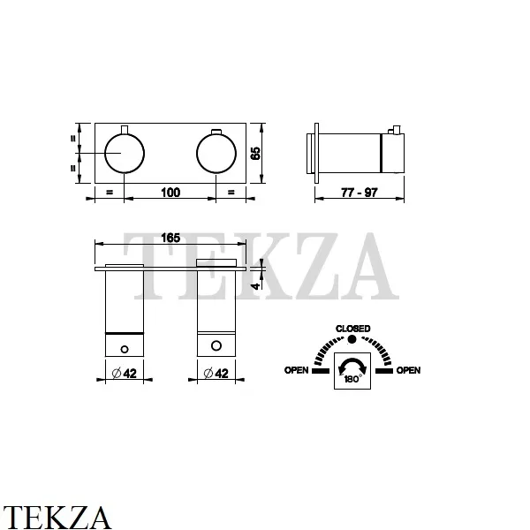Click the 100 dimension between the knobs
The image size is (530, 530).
[x=170, y=193]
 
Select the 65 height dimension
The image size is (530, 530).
[x=255, y=153]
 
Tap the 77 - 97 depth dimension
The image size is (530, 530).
[x=359, y=193]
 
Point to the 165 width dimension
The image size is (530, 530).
[x=170, y=238]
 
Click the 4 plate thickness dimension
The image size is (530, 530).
[x=256, y=286]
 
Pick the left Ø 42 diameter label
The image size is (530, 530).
[x=124, y=373]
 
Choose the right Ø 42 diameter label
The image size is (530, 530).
[x=216, y=373]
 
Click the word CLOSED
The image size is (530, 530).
[x=352, y=329]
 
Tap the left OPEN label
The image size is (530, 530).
[x=297, y=370]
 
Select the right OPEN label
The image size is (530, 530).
[x=408, y=370]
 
